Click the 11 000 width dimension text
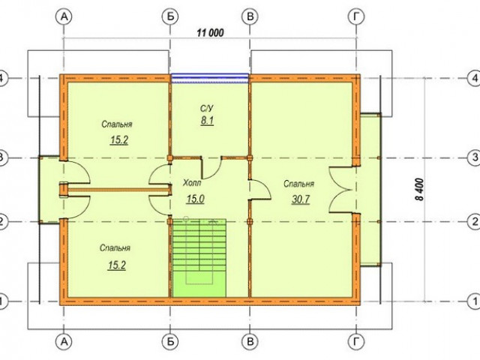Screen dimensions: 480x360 210,32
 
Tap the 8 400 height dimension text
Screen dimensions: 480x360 420,190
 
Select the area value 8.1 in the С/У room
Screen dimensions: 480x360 207,121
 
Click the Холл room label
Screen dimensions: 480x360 192,183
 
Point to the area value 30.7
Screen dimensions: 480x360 301,199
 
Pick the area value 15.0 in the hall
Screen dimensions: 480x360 196,199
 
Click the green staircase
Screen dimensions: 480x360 199,258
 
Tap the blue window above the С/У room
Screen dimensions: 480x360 210,78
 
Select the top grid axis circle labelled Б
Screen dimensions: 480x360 170,16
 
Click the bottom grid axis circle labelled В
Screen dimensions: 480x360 250,341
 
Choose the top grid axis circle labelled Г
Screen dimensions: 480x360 357,16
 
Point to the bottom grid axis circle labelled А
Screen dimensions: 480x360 64,341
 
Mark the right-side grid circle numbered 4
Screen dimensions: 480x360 475,78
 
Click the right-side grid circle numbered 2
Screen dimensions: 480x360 475,221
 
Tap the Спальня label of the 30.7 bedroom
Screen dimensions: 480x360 298,184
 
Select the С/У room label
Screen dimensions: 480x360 207,108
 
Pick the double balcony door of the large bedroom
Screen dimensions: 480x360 340,190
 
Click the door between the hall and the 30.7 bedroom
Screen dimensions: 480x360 260,190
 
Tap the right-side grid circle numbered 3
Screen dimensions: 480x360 475,157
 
